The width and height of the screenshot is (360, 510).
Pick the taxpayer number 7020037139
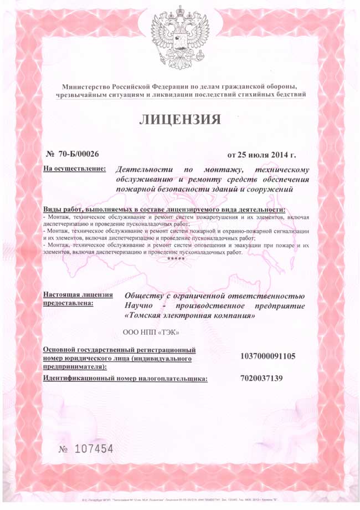(x=261, y=379)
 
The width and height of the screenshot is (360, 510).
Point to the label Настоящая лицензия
(x=78, y=294)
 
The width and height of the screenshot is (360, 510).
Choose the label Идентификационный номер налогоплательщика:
(x=125, y=379)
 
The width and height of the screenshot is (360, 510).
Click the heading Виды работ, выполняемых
(x=100, y=210)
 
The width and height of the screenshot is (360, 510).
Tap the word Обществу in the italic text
(x=146, y=295)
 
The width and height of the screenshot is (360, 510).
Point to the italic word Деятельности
(x=145, y=169)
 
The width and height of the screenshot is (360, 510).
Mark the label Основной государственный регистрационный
(x=119, y=350)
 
